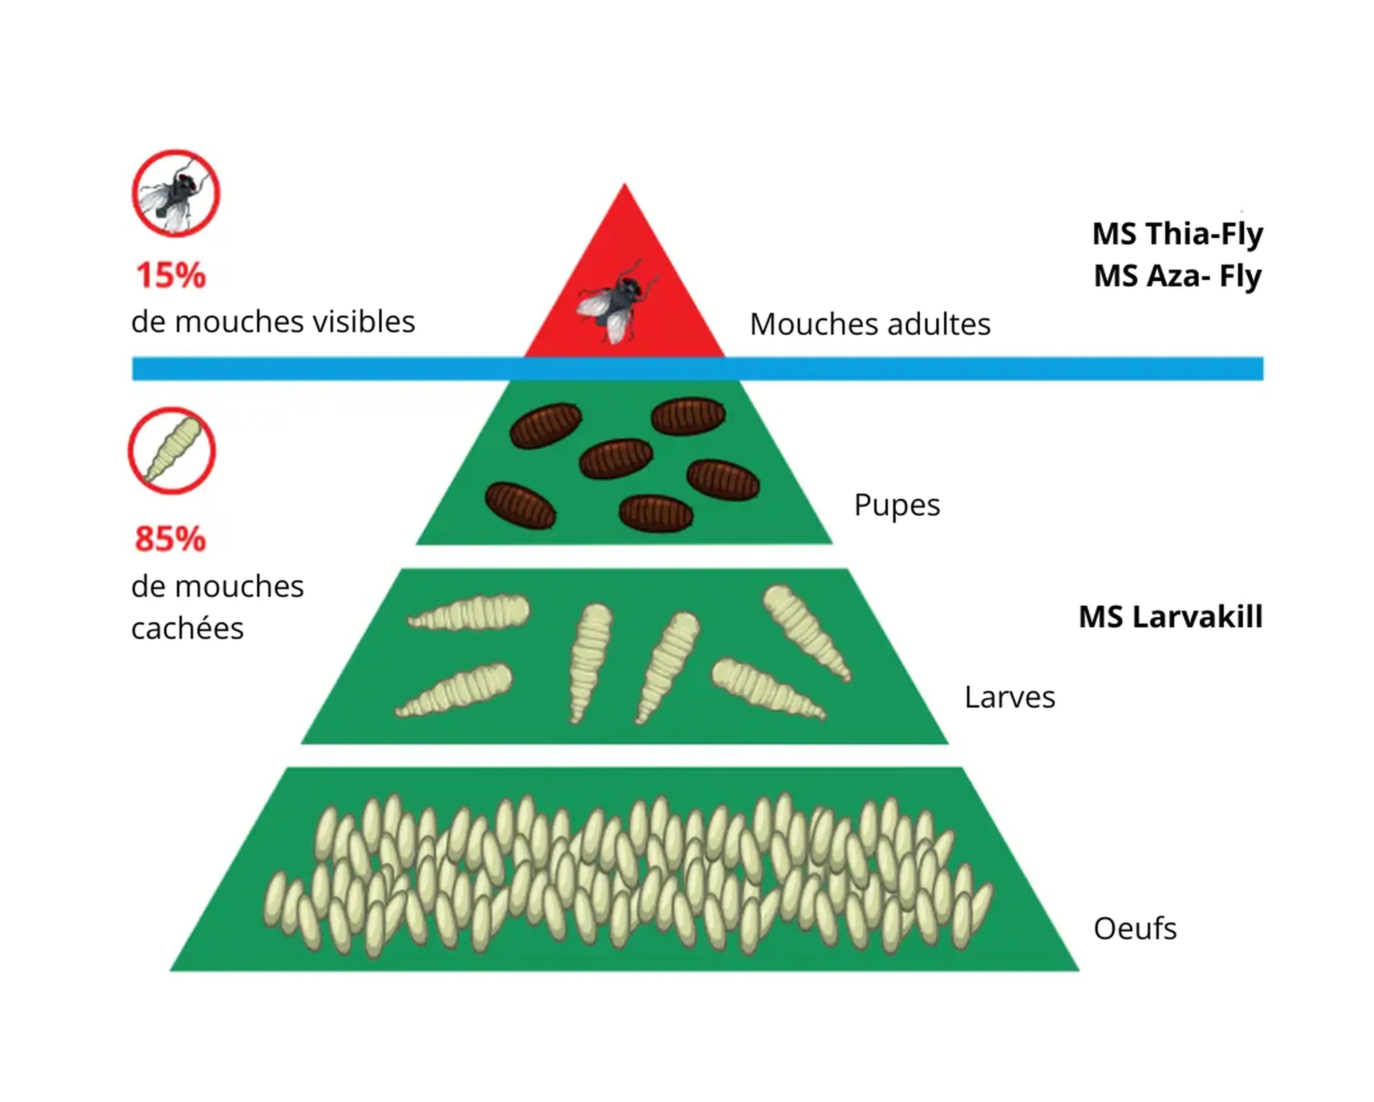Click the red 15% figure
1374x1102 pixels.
(x=171, y=275)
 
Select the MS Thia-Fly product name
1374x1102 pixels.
(x=1178, y=234)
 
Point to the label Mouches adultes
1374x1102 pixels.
(x=870, y=324)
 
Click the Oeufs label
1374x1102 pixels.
(x=1135, y=929)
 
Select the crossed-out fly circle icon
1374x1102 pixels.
(x=176, y=193)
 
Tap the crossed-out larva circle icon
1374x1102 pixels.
(x=172, y=451)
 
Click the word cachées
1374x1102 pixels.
(x=187, y=628)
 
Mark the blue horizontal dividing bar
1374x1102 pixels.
(x=698, y=368)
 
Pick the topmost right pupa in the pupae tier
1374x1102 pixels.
(x=688, y=416)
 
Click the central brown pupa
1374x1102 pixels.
(x=616, y=458)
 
